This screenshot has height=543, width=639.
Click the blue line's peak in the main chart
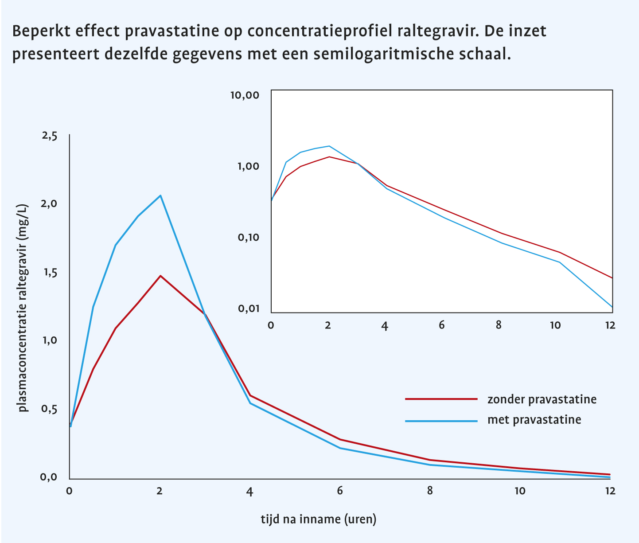(x=160, y=195)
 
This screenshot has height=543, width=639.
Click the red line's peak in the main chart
(x=160, y=276)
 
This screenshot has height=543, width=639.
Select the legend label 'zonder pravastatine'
(x=542, y=399)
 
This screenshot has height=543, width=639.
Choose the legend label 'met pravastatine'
(x=534, y=419)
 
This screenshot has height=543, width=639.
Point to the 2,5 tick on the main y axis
(x=50, y=136)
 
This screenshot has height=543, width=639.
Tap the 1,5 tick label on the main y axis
(x=50, y=273)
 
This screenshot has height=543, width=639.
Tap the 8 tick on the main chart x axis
(x=430, y=491)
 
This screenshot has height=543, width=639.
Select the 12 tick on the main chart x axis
(x=610, y=491)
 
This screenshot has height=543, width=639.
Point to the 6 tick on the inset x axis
(x=441, y=325)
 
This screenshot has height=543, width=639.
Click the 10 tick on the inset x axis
(x=555, y=325)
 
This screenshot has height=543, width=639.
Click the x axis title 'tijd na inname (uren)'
(x=318, y=519)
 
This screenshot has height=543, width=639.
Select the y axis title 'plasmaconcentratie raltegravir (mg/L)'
(x=23, y=308)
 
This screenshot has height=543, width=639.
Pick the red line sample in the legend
(x=441, y=399)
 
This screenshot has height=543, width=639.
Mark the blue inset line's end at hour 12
(x=612, y=307)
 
